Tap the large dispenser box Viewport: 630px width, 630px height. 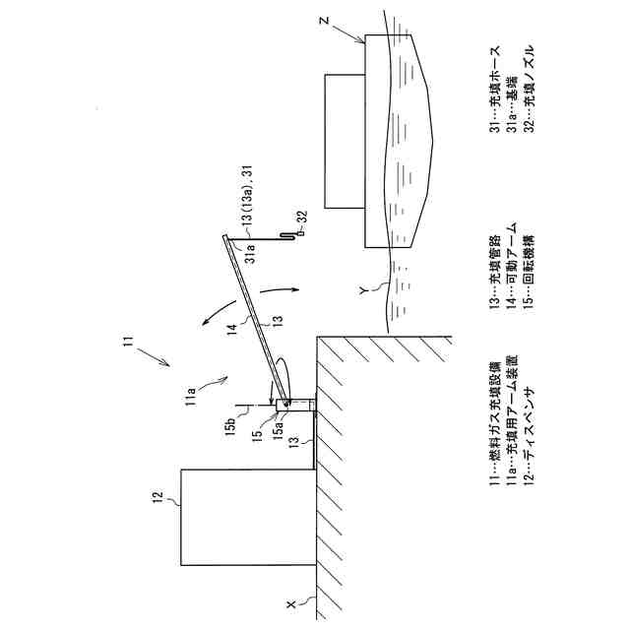247,517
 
